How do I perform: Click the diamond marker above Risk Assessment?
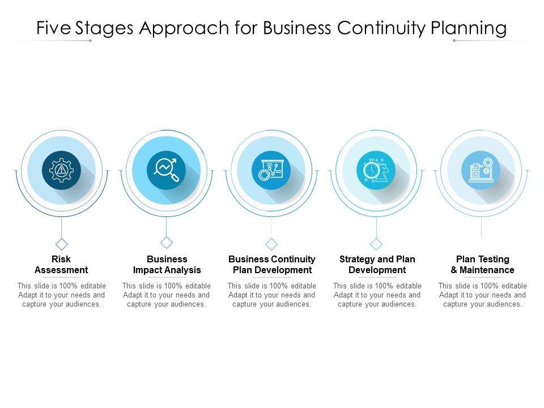click(x=61, y=244)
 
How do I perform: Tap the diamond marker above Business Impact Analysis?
click(x=167, y=243)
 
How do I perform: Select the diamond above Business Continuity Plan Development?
click(x=271, y=244)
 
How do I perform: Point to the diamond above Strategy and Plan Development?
click(x=376, y=244)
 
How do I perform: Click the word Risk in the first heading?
click(x=61, y=259)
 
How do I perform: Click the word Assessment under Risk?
click(x=61, y=270)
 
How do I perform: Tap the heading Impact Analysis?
click(x=167, y=270)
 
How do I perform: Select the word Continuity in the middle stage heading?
click(x=293, y=259)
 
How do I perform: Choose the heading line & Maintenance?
click(x=482, y=270)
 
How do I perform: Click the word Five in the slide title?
click(x=53, y=28)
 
